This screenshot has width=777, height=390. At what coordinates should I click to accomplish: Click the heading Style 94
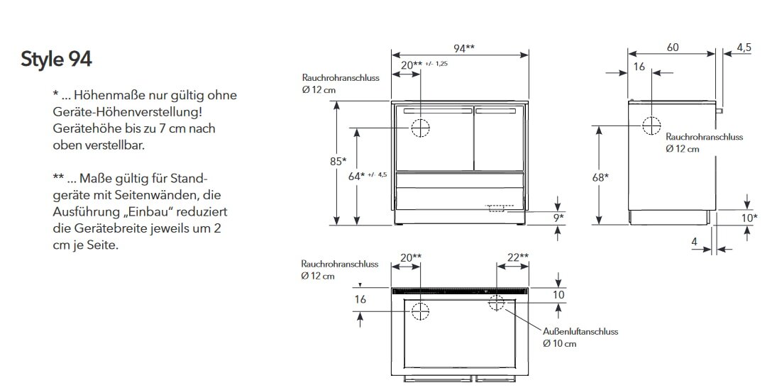(x=56, y=60)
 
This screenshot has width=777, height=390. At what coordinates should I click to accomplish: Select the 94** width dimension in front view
(x=464, y=48)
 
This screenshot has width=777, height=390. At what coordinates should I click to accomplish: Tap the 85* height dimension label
(x=338, y=161)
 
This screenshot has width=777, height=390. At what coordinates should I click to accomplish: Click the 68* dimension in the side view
(x=600, y=177)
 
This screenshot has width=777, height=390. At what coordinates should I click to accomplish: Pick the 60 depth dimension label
(x=673, y=48)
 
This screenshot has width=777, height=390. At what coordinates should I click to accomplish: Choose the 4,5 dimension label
(x=744, y=48)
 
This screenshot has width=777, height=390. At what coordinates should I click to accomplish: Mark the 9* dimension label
(x=558, y=218)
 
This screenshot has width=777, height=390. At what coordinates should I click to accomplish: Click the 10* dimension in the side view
(x=749, y=218)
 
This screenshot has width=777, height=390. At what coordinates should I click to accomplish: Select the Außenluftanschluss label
(x=580, y=331)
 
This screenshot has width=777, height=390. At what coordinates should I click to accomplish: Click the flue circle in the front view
(x=421, y=128)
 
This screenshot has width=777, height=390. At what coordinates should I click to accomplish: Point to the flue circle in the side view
(x=651, y=126)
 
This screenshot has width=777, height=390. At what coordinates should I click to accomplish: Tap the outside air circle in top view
(x=496, y=303)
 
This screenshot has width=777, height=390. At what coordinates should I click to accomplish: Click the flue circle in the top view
(x=421, y=311)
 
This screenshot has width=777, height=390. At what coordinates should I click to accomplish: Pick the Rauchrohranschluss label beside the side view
(x=704, y=137)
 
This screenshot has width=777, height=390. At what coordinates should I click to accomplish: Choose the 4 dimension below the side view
(x=695, y=242)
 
